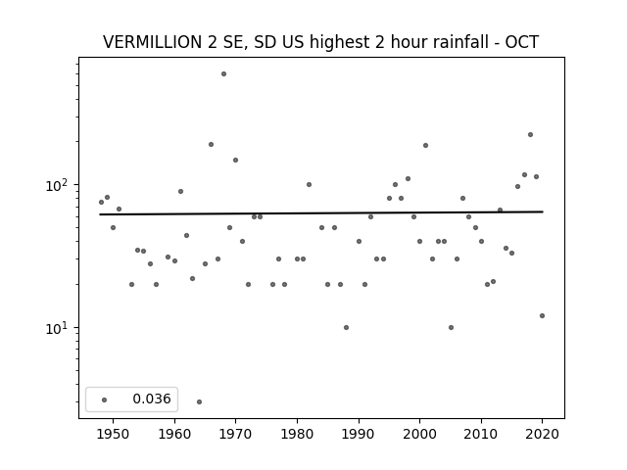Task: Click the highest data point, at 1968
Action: point(224,74)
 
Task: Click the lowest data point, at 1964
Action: point(199,401)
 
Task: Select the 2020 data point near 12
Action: point(542,315)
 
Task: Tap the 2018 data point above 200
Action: point(530,135)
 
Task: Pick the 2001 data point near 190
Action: point(425,146)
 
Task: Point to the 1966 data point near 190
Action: point(212,144)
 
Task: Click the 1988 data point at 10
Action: point(346,327)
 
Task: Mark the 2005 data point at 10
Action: point(451,327)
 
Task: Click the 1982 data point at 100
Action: point(310,185)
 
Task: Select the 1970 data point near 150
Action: point(235,161)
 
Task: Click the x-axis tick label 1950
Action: point(114,434)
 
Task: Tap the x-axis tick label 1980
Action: point(297,434)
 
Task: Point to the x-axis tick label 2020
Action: point(542,434)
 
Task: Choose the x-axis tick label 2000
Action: point(420,434)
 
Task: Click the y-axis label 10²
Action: point(59,185)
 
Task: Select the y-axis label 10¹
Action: point(59,328)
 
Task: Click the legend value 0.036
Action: point(152,399)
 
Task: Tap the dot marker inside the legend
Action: point(105,399)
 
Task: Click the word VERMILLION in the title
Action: point(153,42)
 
